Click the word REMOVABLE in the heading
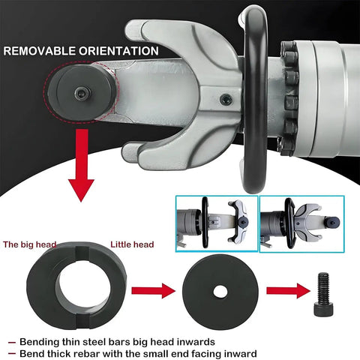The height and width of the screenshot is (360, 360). [x=39, y=51]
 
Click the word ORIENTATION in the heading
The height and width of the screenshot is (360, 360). [x=118, y=51]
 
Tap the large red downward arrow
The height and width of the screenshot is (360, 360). [x=81, y=165]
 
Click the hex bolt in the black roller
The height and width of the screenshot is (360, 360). [x=82, y=93]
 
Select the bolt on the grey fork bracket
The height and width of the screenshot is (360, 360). [x=226, y=100]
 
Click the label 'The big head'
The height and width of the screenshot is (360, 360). [x=29, y=244]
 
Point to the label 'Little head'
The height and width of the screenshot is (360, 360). [x=132, y=244]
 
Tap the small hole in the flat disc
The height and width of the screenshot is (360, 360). [x=220, y=292]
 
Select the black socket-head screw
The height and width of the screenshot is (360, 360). [x=322, y=293]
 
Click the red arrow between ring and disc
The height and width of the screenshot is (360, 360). [x=154, y=291]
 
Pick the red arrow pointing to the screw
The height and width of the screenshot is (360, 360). [x=288, y=291]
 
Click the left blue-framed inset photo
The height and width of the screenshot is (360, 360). [x=217, y=223]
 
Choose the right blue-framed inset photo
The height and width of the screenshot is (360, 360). [x=302, y=223]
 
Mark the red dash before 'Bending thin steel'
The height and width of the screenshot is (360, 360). [x=11, y=342]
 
